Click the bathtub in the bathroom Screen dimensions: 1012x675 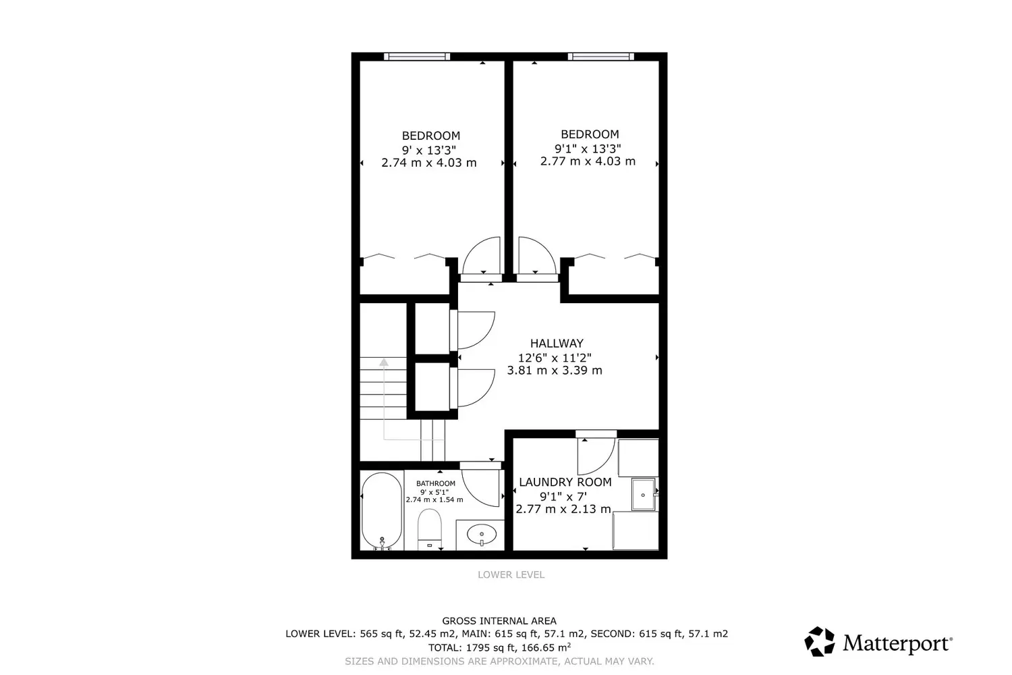382,511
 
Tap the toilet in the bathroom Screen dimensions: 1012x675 429,529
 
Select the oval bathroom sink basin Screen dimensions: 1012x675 482,535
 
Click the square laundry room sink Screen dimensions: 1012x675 644,495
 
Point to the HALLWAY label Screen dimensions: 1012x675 557,343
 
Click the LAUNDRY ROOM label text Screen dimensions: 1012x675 565,482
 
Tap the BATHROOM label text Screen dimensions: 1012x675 436,483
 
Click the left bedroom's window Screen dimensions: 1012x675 417,57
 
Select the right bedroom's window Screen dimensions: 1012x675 601,57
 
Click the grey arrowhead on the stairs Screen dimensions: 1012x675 384,362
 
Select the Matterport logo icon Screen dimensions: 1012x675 820,641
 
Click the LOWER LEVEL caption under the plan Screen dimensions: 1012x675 511,574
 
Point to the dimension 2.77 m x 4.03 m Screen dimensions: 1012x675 588,161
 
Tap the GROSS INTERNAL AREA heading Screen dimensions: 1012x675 499,621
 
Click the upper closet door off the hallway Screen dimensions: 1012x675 475,329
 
